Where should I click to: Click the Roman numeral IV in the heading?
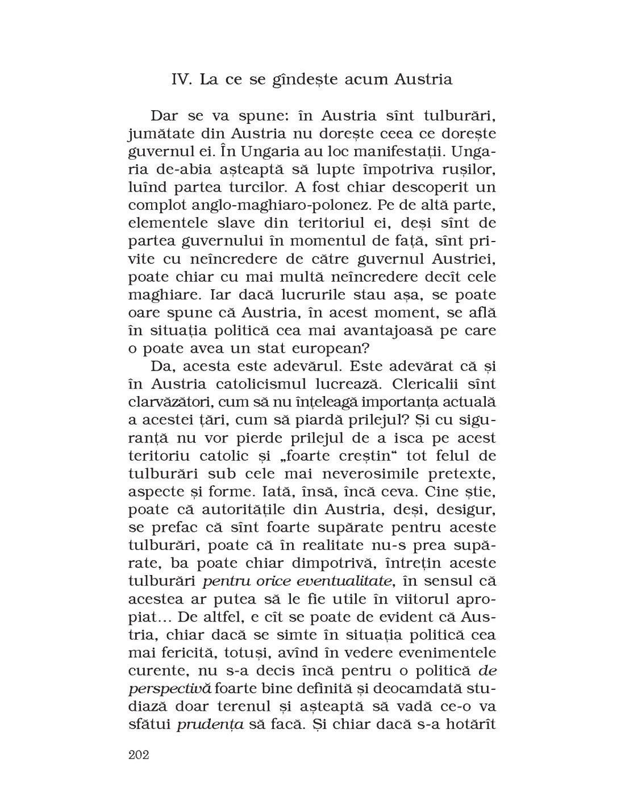click(x=183, y=80)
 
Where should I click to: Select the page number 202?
click(x=139, y=755)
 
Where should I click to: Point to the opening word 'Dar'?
click(x=165, y=116)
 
